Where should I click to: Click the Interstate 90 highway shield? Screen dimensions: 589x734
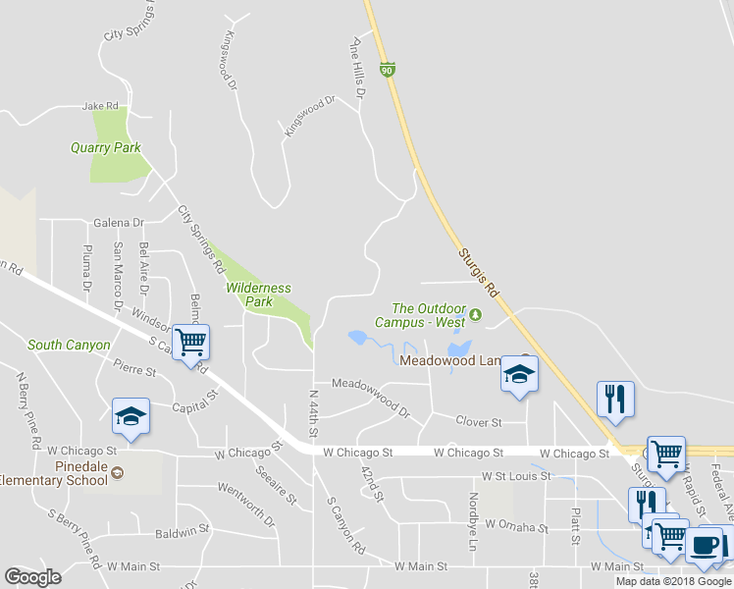click(x=389, y=70)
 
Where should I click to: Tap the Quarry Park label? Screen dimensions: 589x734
click(x=106, y=148)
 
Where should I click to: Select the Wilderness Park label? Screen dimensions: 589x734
click(x=258, y=294)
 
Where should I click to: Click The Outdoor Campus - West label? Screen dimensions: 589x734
click(x=428, y=315)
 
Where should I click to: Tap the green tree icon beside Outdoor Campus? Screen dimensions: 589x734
click(x=476, y=315)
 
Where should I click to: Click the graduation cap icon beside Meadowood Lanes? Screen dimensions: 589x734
click(x=520, y=374)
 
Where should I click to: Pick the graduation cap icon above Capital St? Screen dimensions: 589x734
click(x=131, y=416)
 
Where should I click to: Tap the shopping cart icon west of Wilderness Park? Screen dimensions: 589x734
click(x=191, y=343)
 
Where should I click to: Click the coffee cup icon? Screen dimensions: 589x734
click(x=704, y=545)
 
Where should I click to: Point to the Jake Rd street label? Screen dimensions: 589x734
click(x=100, y=105)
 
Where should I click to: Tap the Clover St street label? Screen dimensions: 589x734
click(x=479, y=422)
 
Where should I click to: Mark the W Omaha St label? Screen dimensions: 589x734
click(x=514, y=527)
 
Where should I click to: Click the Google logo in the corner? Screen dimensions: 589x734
click(x=32, y=577)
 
